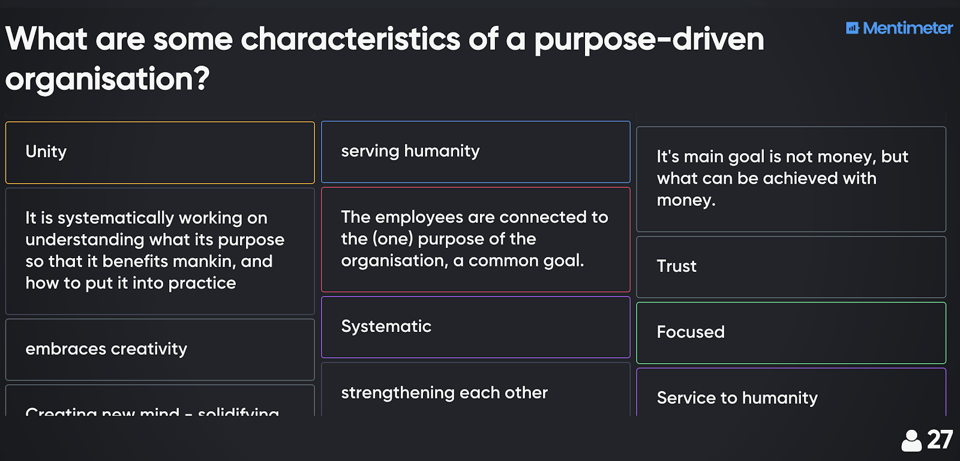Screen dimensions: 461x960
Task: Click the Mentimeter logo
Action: tap(899, 28)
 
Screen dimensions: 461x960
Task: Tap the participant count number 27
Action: tap(940, 440)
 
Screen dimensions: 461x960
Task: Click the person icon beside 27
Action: tap(911, 441)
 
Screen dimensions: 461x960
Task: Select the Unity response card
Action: tap(160, 152)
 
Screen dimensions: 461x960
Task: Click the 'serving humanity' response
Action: tap(475, 151)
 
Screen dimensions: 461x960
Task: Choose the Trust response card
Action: tap(791, 267)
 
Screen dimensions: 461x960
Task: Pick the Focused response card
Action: tap(791, 333)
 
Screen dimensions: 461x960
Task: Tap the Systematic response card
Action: tap(475, 327)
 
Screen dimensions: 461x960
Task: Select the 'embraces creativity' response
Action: tap(160, 349)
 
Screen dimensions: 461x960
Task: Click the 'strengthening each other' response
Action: tap(475, 393)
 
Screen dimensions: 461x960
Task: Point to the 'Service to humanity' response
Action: tap(791, 397)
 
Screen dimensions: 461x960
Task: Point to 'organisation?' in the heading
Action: tap(107, 79)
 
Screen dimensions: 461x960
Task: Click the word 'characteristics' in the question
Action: tap(350, 40)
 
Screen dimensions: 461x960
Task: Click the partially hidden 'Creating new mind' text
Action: tap(103, 411)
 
